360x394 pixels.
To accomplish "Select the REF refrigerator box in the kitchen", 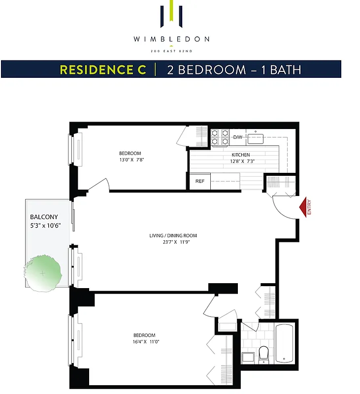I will click(200, 181).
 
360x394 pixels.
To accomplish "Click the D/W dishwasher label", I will click(238, 137).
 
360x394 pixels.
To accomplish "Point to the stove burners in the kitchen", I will click(220, 137).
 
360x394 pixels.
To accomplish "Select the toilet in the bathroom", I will click(264, 353).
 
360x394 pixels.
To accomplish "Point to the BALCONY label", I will click(44, 217).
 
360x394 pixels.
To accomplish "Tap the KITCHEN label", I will click(241, 155).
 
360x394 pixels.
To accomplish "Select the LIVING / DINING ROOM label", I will click(172, 235).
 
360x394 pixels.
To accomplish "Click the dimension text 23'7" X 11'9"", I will click(172, 242).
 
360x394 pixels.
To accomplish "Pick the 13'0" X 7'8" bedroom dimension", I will click(131, 160).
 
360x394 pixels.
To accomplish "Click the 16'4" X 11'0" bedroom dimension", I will click(144, 341).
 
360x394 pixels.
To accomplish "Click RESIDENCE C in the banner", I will click(103, 69).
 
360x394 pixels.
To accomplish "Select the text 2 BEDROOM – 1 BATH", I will click(234, 69).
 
